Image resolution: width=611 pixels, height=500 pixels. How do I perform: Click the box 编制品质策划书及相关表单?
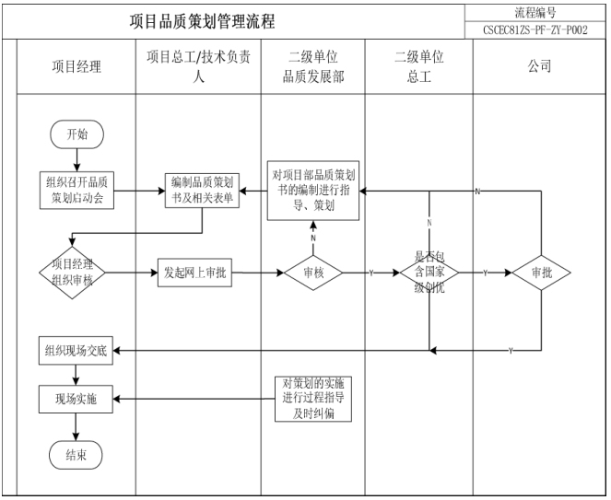click(203, 191)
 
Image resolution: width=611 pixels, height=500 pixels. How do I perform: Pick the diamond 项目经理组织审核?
click(73, 273)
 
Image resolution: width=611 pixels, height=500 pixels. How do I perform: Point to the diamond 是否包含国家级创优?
click(429, 273)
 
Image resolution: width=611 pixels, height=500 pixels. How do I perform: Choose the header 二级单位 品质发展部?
click(313, 66)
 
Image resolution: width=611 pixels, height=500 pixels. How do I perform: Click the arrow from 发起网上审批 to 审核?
click(258, 273)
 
